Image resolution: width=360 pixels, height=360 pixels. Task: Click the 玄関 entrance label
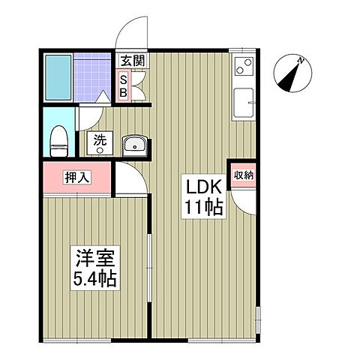[x=133, y=61]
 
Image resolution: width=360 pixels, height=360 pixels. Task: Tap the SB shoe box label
[x=123, y=86]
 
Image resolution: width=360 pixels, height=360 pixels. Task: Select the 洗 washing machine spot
[x=100, y=143]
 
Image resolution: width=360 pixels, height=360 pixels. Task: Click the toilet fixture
[x=59, y=141]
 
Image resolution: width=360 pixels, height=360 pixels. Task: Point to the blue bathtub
[x=58, y=77]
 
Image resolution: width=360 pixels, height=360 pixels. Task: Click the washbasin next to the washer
[x=135, y=146]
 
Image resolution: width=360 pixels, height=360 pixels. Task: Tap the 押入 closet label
[x=77, y=177]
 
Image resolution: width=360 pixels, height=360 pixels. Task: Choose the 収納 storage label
[x=244, y=175]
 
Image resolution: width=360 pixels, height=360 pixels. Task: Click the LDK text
[x=203, y=187]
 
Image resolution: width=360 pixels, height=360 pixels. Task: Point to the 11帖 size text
[x=203, y=208]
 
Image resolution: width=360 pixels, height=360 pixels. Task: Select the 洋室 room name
[x=95, y=258]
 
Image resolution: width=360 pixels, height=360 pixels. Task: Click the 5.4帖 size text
[x=94, y=279]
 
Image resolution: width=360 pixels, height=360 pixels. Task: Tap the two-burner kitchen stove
[x=244, y=66]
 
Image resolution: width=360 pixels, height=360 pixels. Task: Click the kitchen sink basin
[x=244, y=103]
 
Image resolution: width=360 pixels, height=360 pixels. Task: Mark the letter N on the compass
[x=301, y=60]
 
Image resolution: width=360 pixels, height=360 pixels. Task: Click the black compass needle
[x=289, y=78]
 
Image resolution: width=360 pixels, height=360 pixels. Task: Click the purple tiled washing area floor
[x=92, y=76]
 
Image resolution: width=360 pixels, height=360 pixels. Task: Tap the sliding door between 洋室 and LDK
[x=149, y=268]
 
